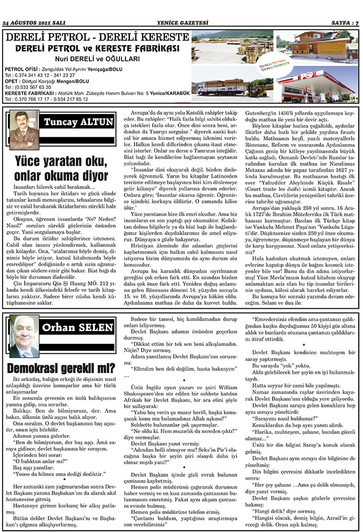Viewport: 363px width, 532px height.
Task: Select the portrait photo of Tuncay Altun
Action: point(23,130)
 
